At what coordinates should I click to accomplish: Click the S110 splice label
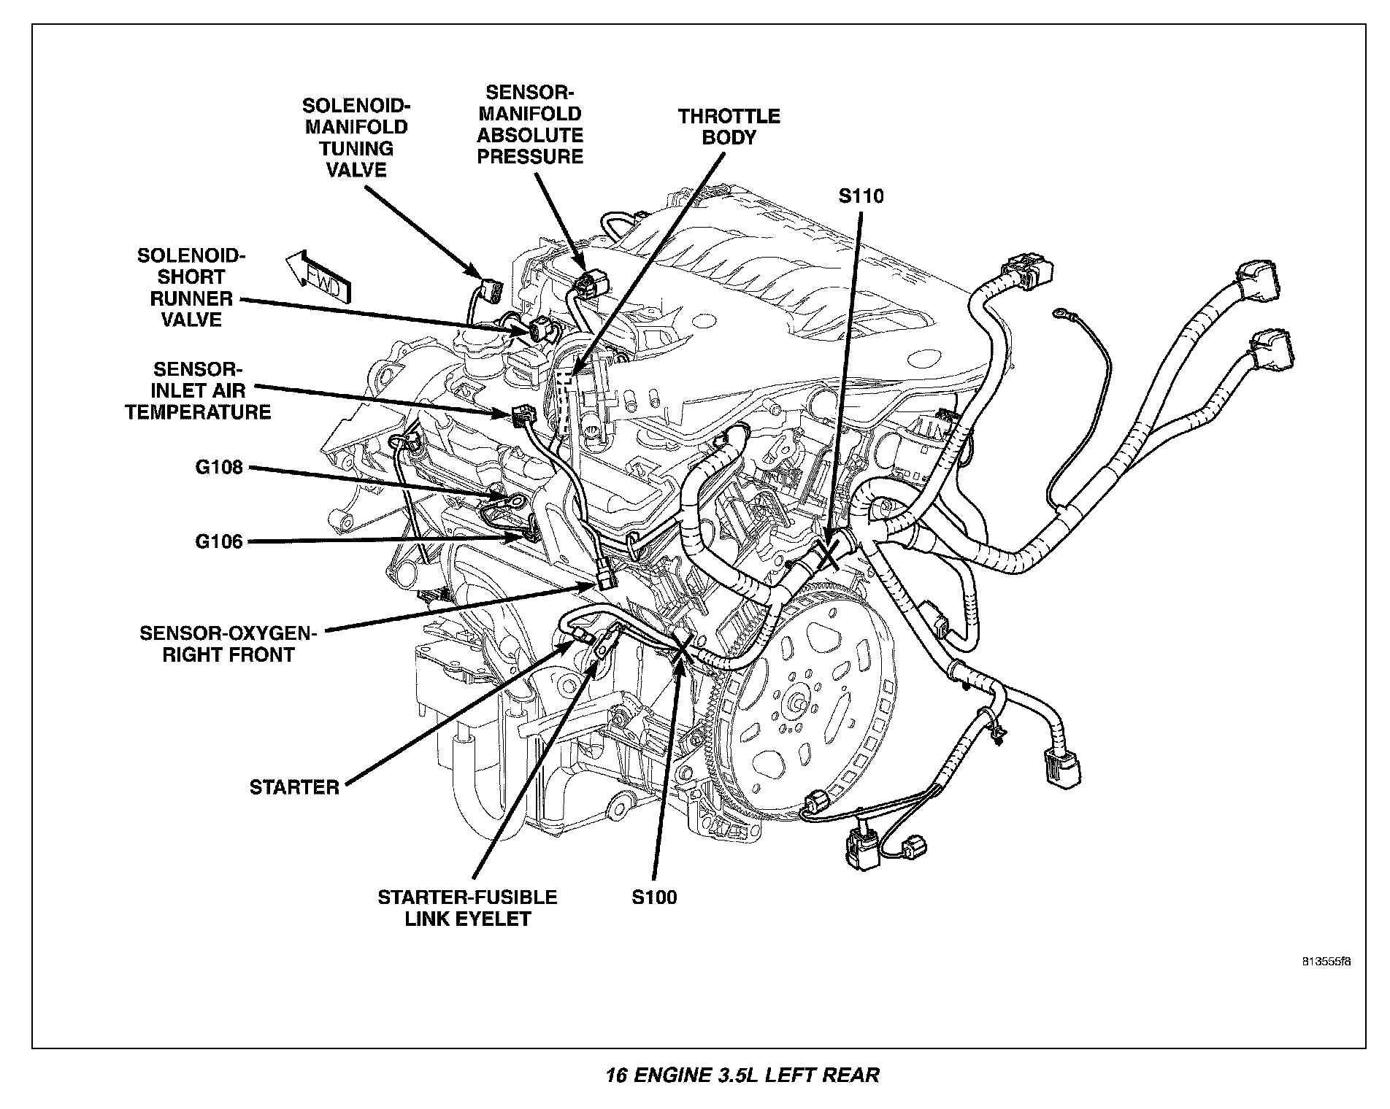(861, 196)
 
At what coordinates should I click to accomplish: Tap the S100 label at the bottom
(654, 897)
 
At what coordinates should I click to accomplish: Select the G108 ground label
(218, 467)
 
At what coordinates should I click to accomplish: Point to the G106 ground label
(218, 541)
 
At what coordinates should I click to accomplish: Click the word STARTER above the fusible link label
(294, 787)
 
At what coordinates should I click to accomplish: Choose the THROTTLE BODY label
(729, 127)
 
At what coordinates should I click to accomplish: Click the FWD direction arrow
(318, 279)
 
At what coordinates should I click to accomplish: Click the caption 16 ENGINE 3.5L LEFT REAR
(742, 1075)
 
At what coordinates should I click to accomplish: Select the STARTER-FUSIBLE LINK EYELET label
(467, 908)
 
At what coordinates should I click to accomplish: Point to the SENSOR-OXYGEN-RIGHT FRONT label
(229, 644)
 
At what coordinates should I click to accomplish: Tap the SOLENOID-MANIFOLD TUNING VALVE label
(356, 137)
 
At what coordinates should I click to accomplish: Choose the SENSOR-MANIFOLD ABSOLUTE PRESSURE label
(530, 124)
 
